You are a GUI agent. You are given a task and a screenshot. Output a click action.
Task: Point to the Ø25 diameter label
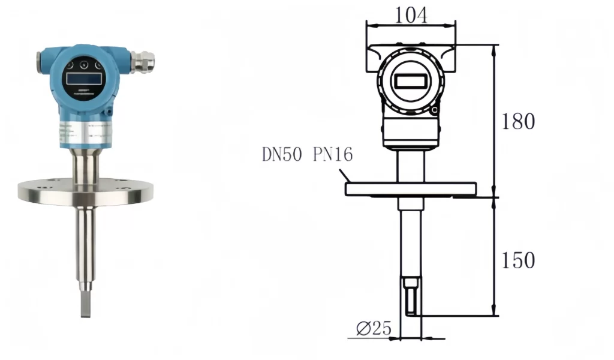coord(373,328)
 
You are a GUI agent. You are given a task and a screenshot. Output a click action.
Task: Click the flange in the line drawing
coord(411,189)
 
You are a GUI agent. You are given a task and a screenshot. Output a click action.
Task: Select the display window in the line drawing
coord(411,81)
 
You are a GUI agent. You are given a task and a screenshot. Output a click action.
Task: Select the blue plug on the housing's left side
coord(40,62)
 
